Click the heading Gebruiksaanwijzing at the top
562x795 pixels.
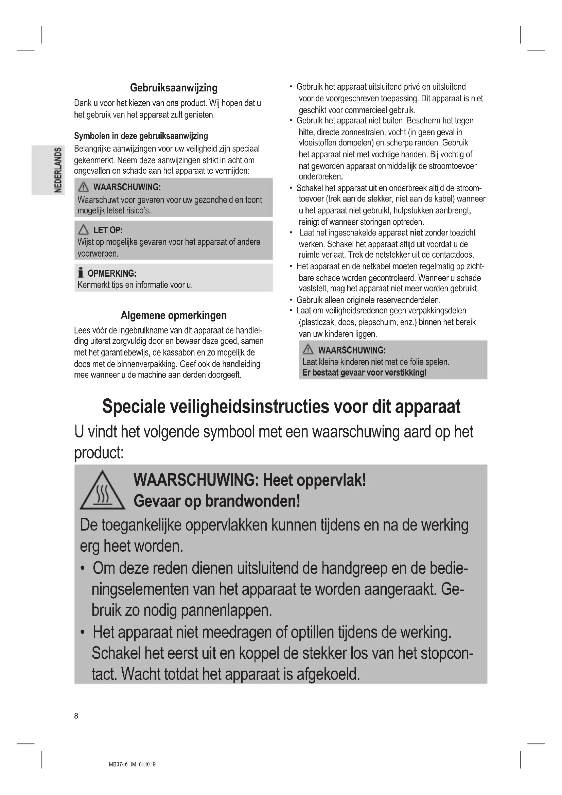(x=174, y=88)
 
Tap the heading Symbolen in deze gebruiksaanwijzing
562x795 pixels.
(x=141, y=136)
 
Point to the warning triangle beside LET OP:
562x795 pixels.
(x=83, y=229)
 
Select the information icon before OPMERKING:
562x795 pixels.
(x=81, y=273)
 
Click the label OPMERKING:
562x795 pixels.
(x=112, y=273)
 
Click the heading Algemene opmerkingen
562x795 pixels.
(x=174, y=315)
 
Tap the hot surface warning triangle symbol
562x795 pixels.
(x=102, y=491)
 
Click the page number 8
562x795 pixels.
(x=76, y=716)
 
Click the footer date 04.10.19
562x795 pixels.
(x=147, y=764)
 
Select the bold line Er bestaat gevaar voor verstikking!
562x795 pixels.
(x=364, y=373)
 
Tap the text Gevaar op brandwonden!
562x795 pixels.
(x=217, y=501)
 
